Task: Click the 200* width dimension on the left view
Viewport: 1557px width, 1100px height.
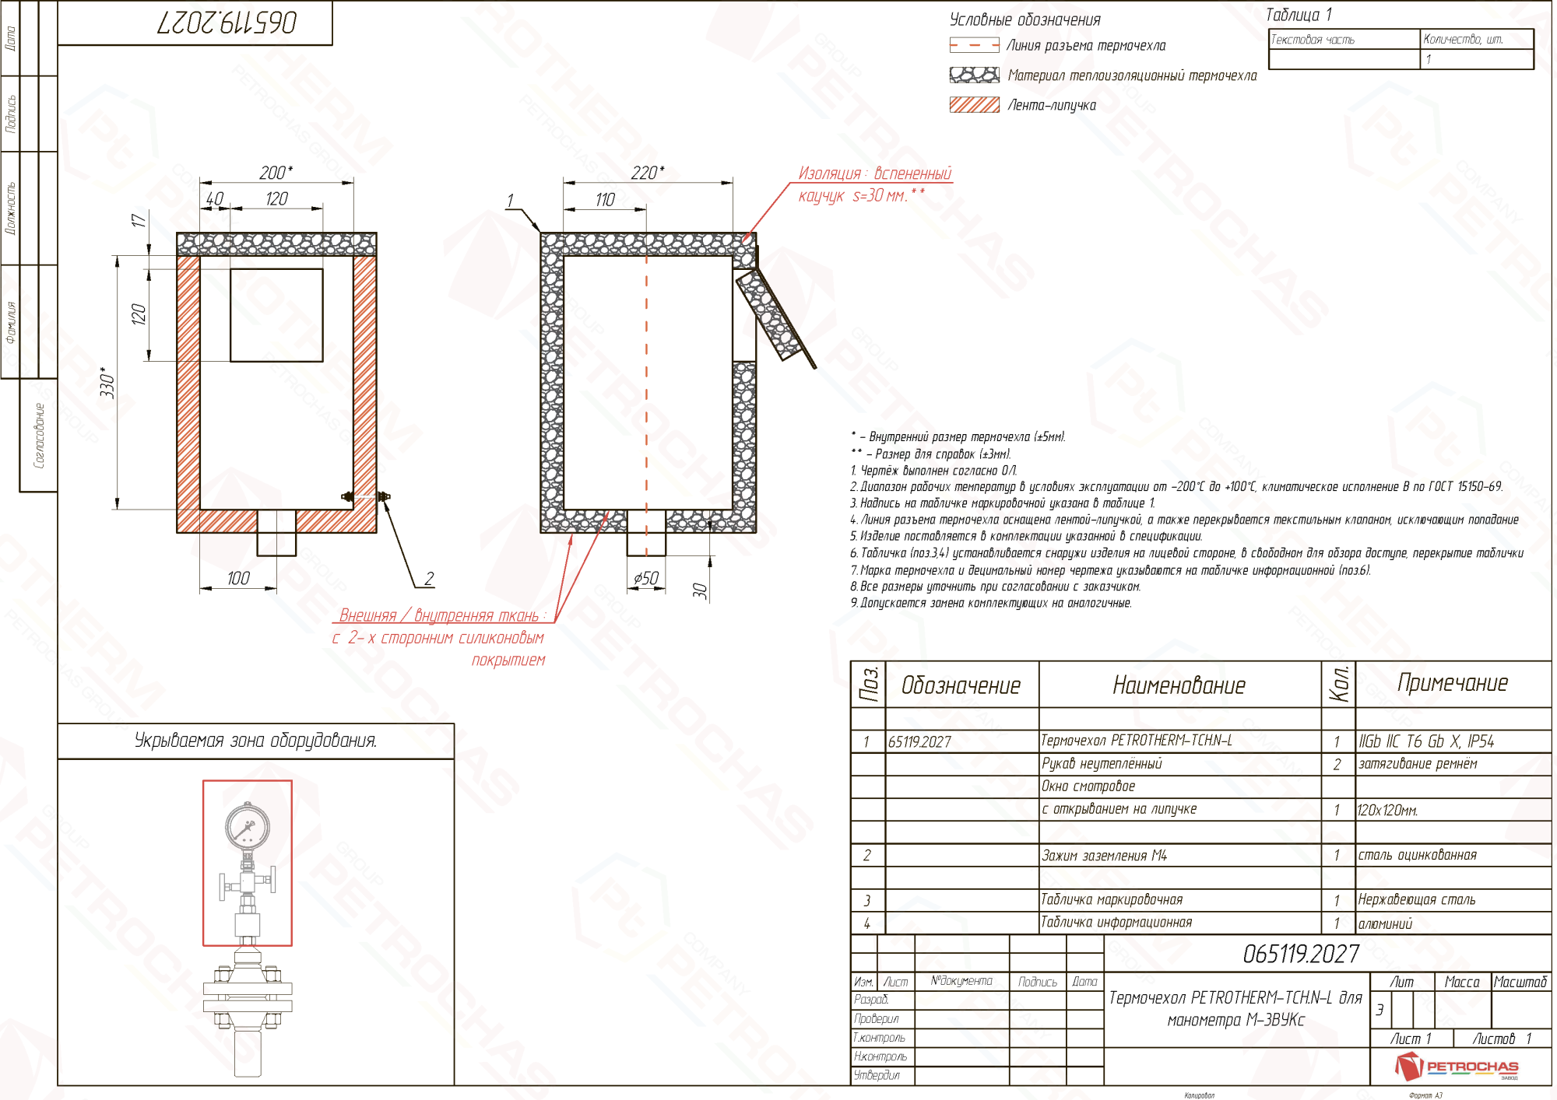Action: pyautogui.click(x=276, y=172)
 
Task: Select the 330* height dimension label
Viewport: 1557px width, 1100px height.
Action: pyautogui.click(x=107, y=383)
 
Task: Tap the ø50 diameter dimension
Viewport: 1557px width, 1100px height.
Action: pyautogui.click(x=645, y=577)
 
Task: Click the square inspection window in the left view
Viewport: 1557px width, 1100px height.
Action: pyautogui.click(x=276, y=315)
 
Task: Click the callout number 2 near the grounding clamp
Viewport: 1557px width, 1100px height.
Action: pyautogui.click(x=429, y=578)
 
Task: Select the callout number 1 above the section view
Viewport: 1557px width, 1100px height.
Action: pyautogui.click(x=510, y=201)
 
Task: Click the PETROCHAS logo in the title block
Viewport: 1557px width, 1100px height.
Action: pyautogui.click(x=1457, y=1067)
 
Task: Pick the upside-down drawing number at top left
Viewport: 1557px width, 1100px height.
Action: pyautogui.click(x=227, y=23)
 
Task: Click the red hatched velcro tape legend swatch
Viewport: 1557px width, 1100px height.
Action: pyautogui.click(x=974, y=105)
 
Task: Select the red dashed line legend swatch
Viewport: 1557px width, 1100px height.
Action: pyautogui.click(x=974, y=46)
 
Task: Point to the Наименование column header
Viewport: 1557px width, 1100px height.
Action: pyautogui.click(x=1179, y=685)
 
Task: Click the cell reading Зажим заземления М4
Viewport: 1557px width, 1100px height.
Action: pyautogui.click(x=1104, y=856)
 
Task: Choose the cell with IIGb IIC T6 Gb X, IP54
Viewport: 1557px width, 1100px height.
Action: pyautogui.click(x=1426, y=741)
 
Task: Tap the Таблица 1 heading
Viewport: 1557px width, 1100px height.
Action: pyautogui.click(x=1299, y=15)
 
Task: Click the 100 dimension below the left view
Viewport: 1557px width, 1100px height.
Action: pyautogui.click(x=238, y=578)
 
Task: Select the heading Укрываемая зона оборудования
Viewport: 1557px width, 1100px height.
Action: pyautogui.click(x=255, y=741)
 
